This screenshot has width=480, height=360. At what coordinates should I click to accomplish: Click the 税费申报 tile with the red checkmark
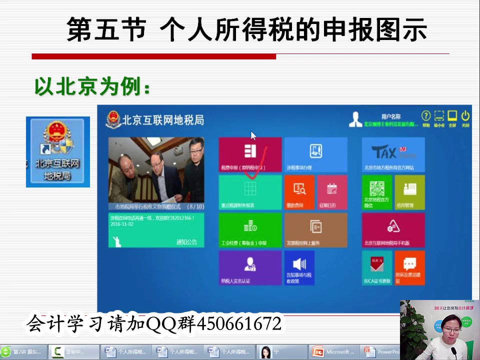pyautogui.click(x=250, y=155)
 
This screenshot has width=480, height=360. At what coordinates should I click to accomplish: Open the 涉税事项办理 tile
pyautogui.click(x=315, y=155)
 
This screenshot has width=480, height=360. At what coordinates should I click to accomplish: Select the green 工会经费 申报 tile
pyautogui.click(x=250, y=230)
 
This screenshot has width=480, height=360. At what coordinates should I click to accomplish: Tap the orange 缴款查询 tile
pyautogui.click(x=299, y=192)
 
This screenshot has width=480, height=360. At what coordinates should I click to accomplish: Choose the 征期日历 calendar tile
pyautogui.click(x=332, y=192)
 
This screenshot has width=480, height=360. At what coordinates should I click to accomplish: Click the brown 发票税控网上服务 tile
pyautogui.click(x=315, y=230)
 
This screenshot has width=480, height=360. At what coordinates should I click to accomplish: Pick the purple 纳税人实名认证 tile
pyautogui.click(x=250, y=267)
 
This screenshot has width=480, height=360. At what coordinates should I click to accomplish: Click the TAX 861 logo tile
pyautogui.click(x=393, y=154)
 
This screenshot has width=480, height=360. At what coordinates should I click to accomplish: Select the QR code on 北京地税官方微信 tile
pyautogui.click(x=377, y=188)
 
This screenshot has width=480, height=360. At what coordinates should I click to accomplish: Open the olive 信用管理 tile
pyautogui.click(x=409, y=192)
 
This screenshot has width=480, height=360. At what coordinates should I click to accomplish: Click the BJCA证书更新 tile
pyautogui.click(x=377, y=267)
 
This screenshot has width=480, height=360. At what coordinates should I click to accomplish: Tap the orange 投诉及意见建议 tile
pyautogui.click(x=409, y=267)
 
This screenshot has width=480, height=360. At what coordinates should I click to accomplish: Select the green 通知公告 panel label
pyautogui.click(x=186, y=242)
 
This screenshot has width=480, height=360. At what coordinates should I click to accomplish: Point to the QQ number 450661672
pyautogui.click(x=239, y=324)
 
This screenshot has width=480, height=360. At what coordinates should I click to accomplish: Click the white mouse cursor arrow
pyautogui.click(x=253, y=135)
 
